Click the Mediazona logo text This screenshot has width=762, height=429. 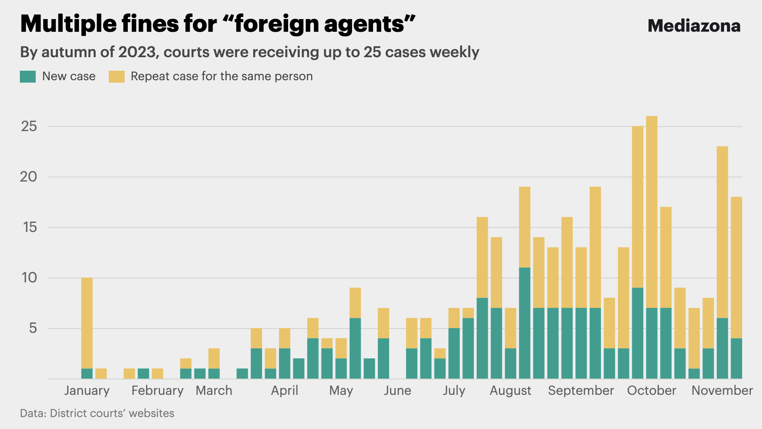[x=694, y=26]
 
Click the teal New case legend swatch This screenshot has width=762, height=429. [x=28, y=77]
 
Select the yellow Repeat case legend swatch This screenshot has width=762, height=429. [x=117, y=77]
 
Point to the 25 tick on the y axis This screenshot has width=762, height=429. [x=29, y=126]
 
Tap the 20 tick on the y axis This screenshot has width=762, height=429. [x=29, y=177]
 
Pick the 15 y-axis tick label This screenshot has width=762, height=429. [x=29, y=227]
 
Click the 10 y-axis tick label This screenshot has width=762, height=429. [x=29, y=278]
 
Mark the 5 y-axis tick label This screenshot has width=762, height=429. [x=33, y=328]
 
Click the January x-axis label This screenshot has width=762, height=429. [x=87, y=390]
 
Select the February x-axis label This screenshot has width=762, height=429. [x=158, y=390]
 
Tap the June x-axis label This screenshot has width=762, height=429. [x=397, y=390]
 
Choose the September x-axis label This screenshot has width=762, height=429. [x=581, y=390]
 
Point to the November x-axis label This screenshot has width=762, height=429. [x=722, y=390]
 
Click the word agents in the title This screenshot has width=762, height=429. [x=364, y=24]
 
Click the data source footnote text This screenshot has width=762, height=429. [x=97, y=413]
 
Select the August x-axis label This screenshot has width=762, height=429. [x=510, y=390]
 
